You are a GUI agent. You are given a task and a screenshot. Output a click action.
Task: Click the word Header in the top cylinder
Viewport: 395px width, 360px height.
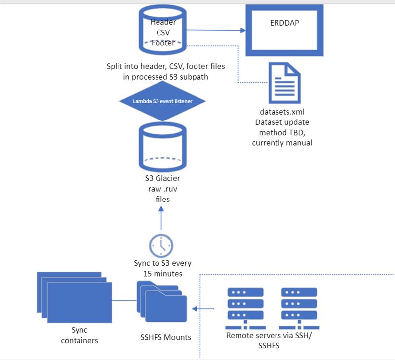163,22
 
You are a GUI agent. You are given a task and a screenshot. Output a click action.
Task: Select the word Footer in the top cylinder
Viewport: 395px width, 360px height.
163,42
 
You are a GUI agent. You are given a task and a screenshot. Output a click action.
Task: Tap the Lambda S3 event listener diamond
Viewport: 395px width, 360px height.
163,101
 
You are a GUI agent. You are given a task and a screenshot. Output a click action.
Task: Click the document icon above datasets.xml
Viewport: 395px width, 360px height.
283,82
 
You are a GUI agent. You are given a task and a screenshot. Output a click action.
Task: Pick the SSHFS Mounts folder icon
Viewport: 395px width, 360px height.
161,302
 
